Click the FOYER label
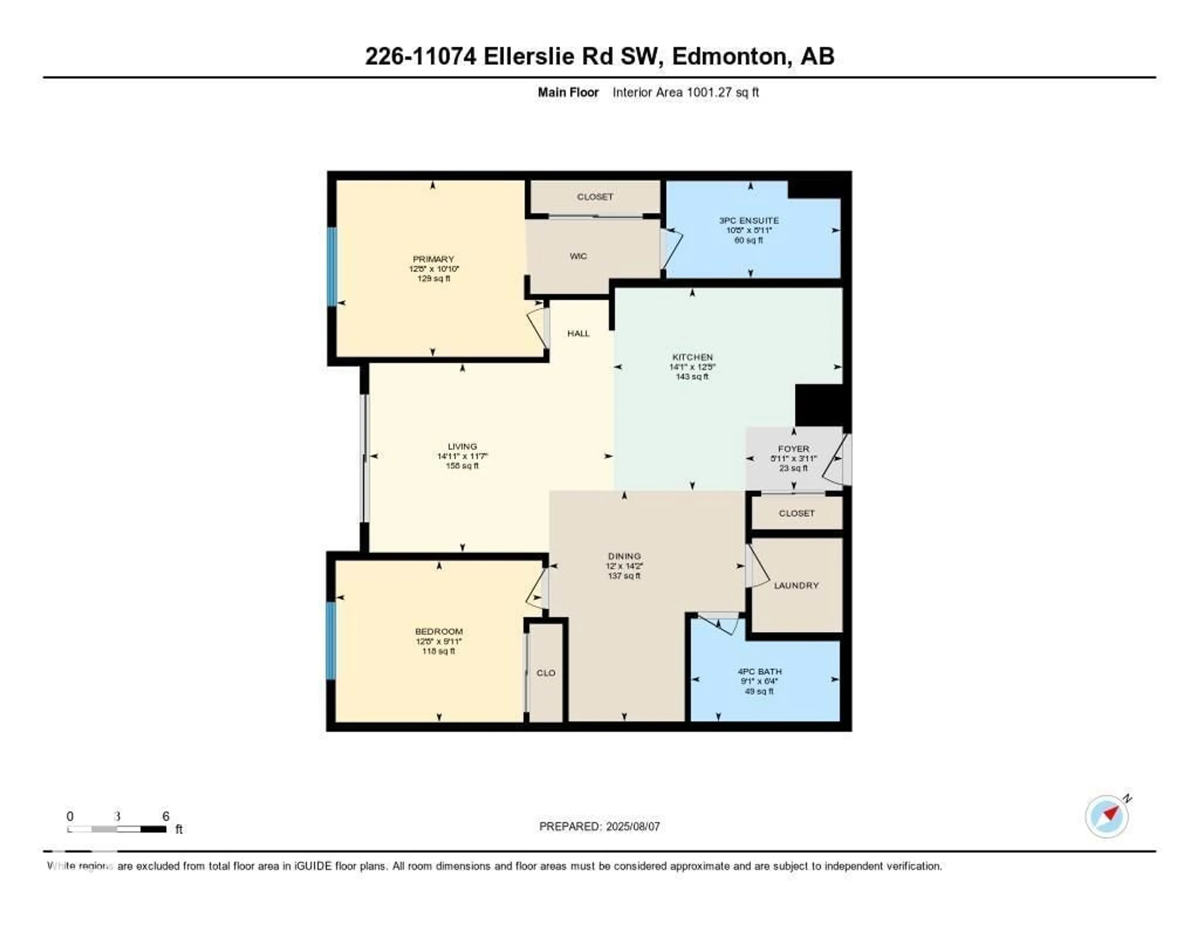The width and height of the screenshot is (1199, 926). point(793,448)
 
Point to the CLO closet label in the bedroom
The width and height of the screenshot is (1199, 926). point(546,673)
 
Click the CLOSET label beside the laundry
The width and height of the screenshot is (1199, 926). point(796,513)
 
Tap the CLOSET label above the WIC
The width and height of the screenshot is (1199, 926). point(595,196)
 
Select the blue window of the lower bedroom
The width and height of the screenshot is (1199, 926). point(330,641)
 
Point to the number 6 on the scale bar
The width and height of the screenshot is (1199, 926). point(166,816)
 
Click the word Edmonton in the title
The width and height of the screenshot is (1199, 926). point(730,57)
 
